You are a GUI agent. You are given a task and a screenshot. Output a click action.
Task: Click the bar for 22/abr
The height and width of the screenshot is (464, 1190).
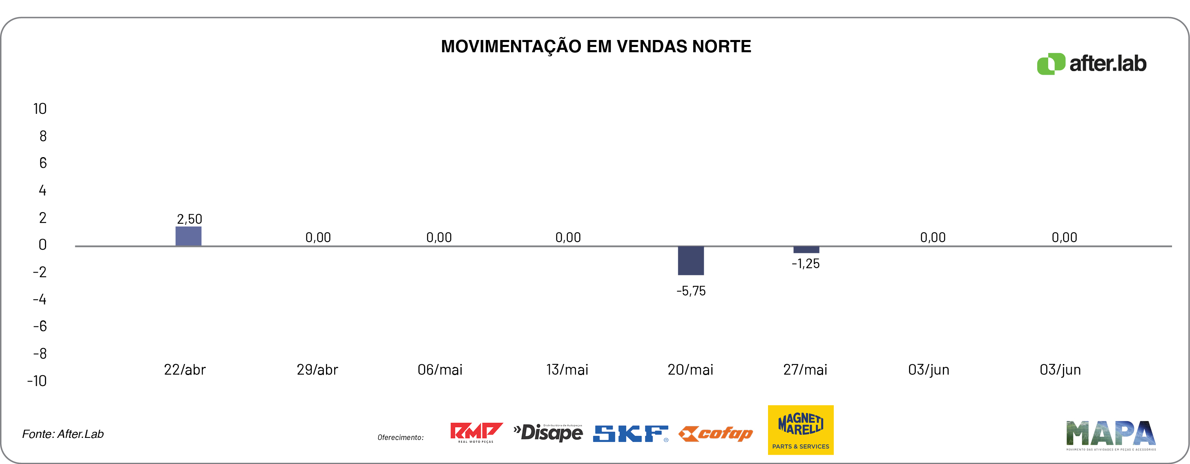pos(188,236)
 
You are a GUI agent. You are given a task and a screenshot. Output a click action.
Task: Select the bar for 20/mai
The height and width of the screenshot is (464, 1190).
pos(691,261)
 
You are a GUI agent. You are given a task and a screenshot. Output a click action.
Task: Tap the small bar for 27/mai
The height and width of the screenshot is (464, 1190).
pos(806,250)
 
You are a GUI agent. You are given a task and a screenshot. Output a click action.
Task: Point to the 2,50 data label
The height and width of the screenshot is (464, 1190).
pos(190,219)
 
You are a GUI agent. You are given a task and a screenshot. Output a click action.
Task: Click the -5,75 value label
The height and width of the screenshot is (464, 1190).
pos(691,291)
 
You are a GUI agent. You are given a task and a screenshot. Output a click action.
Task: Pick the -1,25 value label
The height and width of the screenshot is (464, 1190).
pos(806,264)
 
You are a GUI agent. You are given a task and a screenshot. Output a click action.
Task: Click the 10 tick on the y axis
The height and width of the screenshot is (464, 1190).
pos(40,109)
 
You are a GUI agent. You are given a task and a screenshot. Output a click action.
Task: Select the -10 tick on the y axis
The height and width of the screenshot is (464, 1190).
pos(37,381)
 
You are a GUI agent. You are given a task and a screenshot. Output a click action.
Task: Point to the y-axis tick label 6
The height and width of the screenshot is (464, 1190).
pos(43,163)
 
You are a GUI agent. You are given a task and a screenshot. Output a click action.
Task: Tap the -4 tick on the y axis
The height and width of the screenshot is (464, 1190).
pos(40,300)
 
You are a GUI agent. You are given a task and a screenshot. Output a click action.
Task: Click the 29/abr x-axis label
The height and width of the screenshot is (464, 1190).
pos(317,370)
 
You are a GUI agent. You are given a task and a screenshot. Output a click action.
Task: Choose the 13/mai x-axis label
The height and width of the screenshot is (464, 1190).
pos(567,370)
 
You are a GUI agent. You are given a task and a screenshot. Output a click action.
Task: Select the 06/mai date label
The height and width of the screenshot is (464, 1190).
pos(440,370)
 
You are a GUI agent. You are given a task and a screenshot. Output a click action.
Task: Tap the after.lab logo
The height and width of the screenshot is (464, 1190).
pos(1092,64)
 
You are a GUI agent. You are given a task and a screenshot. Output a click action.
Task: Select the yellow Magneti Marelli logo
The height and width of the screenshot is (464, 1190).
pos(801,430)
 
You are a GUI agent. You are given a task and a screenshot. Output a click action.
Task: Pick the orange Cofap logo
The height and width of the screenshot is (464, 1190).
pos(716,433)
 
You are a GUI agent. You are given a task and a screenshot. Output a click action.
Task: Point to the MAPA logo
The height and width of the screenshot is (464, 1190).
pos(1111,435)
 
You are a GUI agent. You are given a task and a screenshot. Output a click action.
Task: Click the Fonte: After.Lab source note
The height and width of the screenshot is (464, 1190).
pos(63,434)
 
